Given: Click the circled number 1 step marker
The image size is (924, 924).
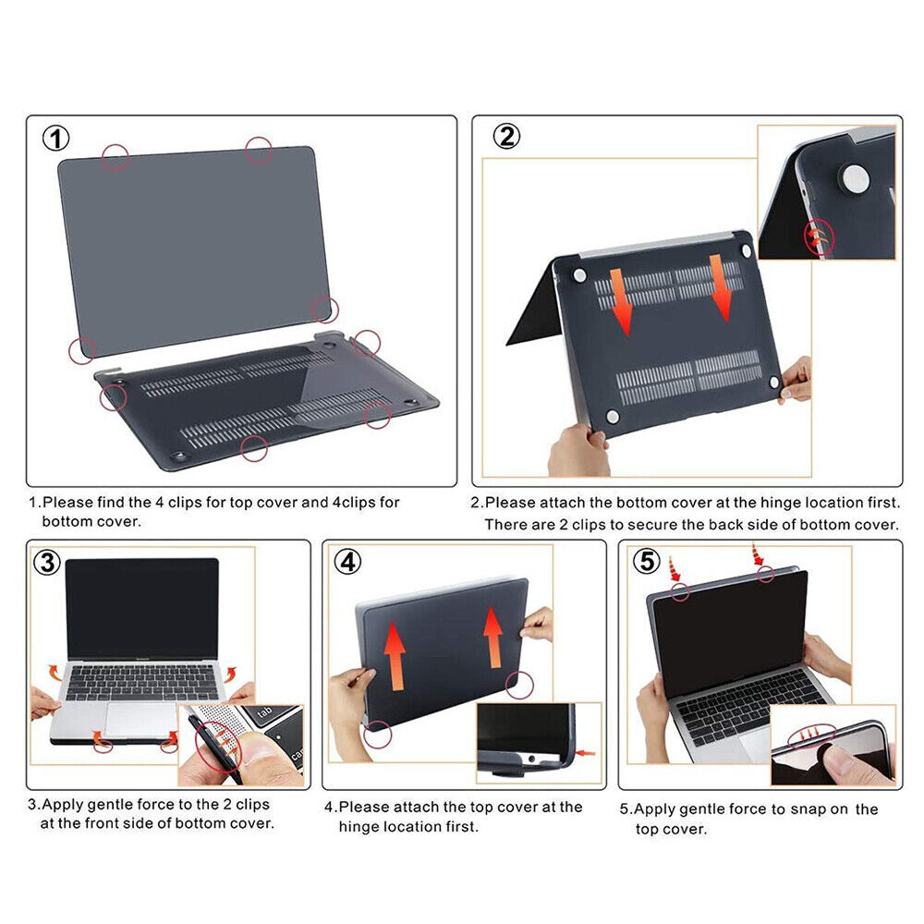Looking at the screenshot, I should pos(56,139).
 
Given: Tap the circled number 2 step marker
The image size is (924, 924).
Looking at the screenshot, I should pos(505,137).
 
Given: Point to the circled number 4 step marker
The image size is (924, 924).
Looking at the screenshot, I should pos(346,562).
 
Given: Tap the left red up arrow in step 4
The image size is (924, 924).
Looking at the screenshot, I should pos(395,655).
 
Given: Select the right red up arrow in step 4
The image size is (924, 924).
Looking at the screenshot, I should pos(492,636).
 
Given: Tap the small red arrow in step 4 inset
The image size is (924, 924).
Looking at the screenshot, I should pos(585,754).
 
